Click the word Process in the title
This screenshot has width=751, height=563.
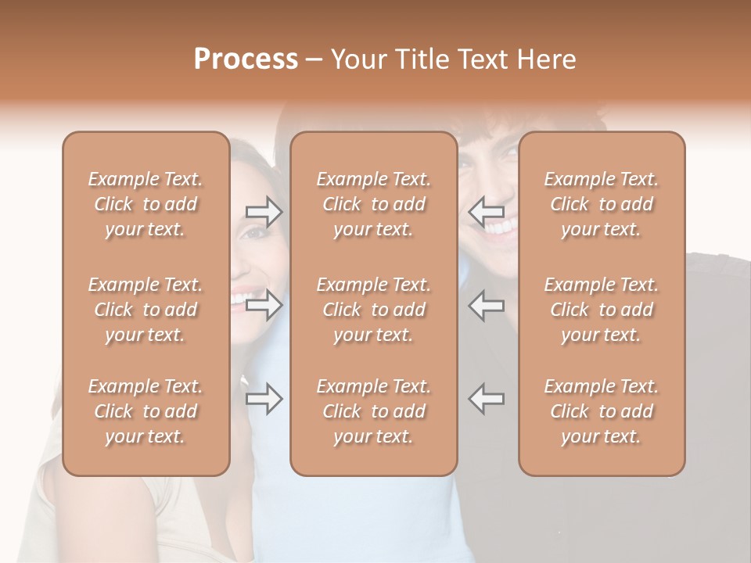pyautogui.click(x=246, y=59)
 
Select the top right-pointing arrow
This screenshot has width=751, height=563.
pyautogui.click(x=264, y=212)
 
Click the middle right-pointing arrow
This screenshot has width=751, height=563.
pyautogui.click(x=264, y=305)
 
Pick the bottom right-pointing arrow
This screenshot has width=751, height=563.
pyautogui.click(x=264, y=398)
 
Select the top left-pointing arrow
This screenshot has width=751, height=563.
pyautogui.click(x=486, y=212)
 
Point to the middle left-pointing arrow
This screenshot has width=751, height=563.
pyautogui.click(x=486, y=305)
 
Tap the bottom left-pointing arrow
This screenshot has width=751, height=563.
pyautogui.click(x=486, y=398)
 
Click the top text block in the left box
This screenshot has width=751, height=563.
pyautogui.click(x=146, y=204)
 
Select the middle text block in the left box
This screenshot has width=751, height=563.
pyautogui.click(x=146, y=310)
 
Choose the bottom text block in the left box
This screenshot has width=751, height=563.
pyautogui.click(x=146, y=411)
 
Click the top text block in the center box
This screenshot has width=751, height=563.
pyautogui.click(x=374, y=204)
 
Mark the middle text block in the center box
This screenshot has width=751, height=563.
pyautogui.click(x=374, y=310)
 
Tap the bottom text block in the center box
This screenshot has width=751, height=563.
pyautogui.click(x=374, y=411)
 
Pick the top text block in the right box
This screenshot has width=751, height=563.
pyautogui.click(x=602, y=204)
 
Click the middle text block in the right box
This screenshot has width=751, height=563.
pyautogui.click(x=602, y=310)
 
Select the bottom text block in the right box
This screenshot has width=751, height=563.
pyautogui.click(x=602, y=411)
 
